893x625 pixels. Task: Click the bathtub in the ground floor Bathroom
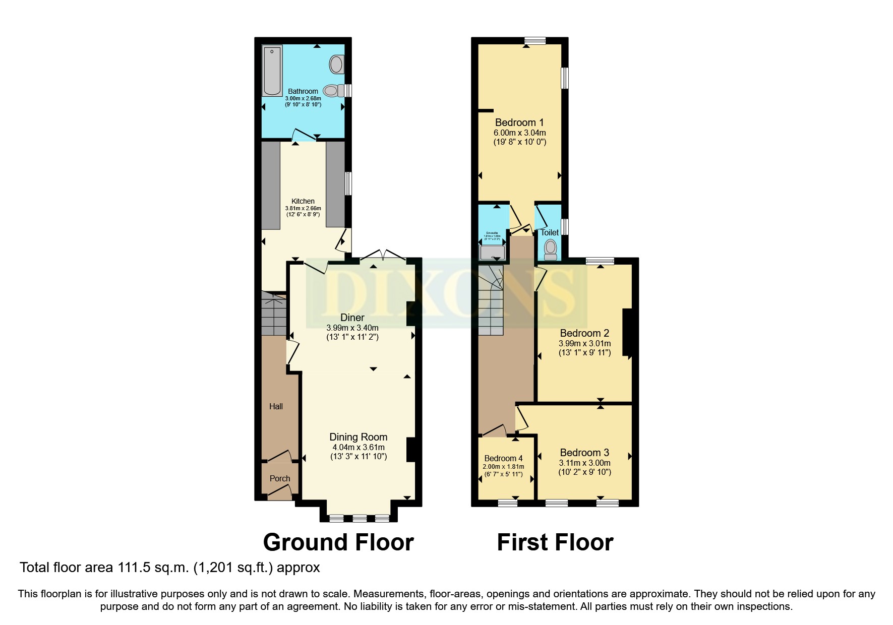(272, 71)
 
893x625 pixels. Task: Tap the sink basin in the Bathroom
(336, 65)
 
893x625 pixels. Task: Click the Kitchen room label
(303, 201)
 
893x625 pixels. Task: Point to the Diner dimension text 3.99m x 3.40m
(352, 328)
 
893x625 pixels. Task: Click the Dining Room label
(359, 437)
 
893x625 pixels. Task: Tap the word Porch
(280, 478)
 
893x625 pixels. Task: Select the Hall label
(276, 406)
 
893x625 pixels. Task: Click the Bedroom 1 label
(519, 122)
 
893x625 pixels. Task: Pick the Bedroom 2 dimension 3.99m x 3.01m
(584, 343)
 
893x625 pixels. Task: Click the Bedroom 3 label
(584, 452)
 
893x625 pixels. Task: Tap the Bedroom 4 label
(503, 458)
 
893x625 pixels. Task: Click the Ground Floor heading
(338, 542)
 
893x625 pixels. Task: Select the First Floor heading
(555, 542)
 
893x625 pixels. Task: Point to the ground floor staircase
(274, 315)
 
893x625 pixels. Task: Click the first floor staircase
(491, 302)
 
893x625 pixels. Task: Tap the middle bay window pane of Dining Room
(359, 518)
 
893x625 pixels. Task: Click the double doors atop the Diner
(383, 256)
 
